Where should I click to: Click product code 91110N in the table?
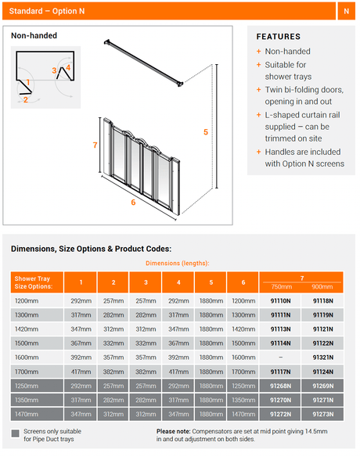(280, 300)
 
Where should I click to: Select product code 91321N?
(322, 357)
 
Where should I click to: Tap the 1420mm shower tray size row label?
(27, 329)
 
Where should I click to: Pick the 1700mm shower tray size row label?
(27, 372)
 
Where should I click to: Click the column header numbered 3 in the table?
(146, 282)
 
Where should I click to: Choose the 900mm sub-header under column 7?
(322, 287)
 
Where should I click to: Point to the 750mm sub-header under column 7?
(282, 287)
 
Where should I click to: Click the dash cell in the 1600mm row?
(280, 357)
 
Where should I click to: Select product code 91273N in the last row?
(322, 414)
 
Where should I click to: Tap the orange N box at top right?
(347, 11)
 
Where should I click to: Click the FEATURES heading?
(279, 37)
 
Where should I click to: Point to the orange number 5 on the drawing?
(206, 132)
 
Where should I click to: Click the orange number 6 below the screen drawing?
(133, 202)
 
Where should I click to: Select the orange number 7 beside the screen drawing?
(95, 145)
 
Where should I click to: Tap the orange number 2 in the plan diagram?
(26, 100)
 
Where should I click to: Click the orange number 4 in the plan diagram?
(68, 67)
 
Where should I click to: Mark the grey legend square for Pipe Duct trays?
(15, 433)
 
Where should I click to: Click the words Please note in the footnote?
(173, 431)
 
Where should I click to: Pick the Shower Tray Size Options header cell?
(37, 282)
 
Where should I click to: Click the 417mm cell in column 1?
(81, 372)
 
